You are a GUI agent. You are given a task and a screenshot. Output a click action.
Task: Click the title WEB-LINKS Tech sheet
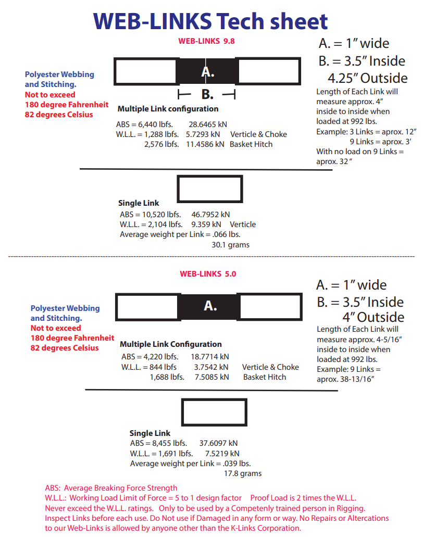coord(210,21)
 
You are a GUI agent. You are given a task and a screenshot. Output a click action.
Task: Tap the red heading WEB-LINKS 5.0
coord(208,273)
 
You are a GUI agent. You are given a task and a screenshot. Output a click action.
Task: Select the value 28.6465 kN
coord(208,124)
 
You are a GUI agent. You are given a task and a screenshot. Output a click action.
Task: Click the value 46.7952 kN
coord(210,214)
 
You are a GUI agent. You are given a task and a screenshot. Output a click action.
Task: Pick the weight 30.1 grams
coord(230,244)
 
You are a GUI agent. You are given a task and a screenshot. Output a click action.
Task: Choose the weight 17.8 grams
coord(243,473)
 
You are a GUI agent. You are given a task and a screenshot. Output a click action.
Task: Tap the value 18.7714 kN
coord(210,357)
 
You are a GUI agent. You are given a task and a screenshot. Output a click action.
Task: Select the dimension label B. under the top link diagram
coord(207,95)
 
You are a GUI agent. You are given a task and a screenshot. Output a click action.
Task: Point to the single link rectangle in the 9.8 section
coord(210,189)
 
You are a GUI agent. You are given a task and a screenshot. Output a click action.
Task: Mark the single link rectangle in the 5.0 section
coord(214,412)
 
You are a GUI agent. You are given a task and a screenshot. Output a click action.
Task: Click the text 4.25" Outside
coord(367,78)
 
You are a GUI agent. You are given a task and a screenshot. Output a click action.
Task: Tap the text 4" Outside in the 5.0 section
coord(373,317)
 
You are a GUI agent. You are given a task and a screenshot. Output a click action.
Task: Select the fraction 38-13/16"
coord(356,379)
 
